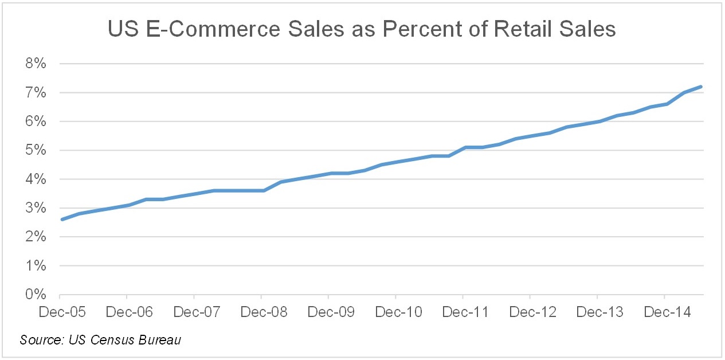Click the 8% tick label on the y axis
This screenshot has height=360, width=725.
pos(36,64)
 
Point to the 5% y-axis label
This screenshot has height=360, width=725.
pos(36,151)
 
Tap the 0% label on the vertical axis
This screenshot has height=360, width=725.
pos(36,295)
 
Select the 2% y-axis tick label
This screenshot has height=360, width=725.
pos(36,237)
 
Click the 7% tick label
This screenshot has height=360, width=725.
pos(36,93)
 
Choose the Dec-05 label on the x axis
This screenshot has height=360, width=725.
pos(59,312)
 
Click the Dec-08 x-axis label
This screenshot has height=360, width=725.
pos(261,312)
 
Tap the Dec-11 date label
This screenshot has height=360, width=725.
pos(463,312)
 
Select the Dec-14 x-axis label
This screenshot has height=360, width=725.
pos(664,312)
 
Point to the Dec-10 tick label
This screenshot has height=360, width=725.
pos(395,312)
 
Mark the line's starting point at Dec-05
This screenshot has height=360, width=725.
pos(61,220)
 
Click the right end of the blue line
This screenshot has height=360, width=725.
pos(700,87)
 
